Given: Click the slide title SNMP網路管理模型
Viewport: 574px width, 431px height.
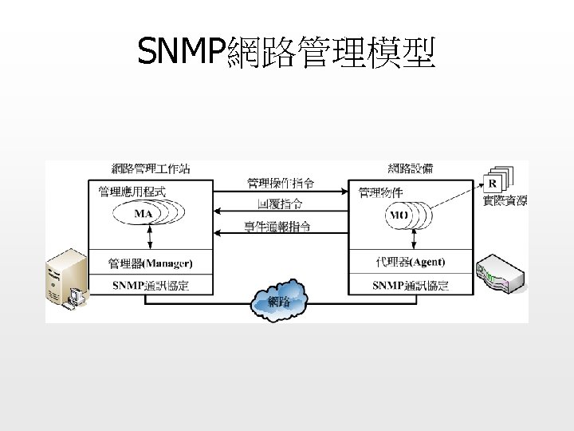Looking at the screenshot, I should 286,53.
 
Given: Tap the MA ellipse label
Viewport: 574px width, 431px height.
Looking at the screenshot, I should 143,214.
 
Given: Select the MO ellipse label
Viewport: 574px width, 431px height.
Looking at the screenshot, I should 398,215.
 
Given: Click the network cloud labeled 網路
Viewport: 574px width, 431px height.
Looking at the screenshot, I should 279,301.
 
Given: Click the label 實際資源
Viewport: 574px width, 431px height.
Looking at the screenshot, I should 505,200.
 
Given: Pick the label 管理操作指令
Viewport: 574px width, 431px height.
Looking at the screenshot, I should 280,183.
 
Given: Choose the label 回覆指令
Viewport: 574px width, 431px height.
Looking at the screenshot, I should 280,205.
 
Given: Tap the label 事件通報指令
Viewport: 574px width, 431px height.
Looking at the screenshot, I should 278,227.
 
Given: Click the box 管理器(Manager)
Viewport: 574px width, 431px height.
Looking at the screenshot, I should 151,263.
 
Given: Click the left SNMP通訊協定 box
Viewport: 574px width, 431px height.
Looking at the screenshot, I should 151,286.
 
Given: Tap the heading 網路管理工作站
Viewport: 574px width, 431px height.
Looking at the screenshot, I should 151,168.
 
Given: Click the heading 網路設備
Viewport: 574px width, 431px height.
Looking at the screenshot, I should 411,168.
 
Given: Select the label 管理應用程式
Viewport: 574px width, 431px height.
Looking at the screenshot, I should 132,192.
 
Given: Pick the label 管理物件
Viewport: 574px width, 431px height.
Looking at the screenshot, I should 380,192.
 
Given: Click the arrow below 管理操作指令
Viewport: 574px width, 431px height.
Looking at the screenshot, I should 281,192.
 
